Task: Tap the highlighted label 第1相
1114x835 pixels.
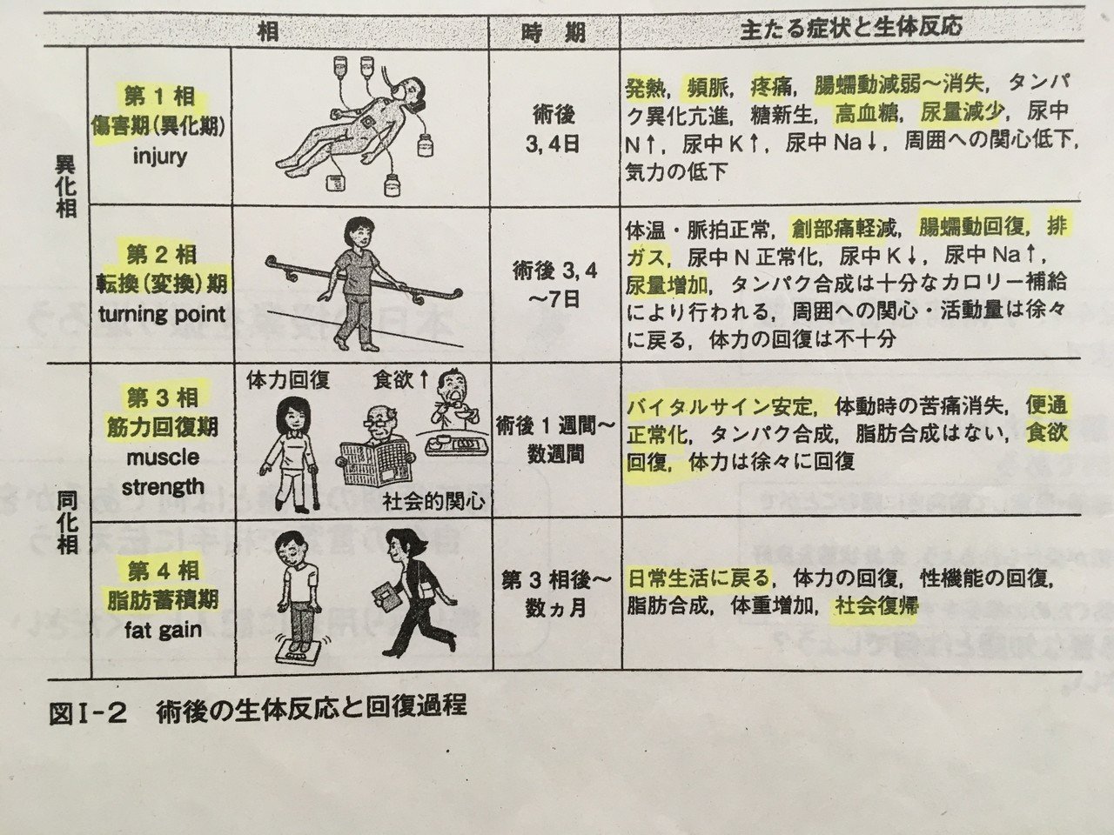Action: [162, 96]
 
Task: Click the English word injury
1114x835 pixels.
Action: [162, 156]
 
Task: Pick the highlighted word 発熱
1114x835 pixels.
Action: [646, 87]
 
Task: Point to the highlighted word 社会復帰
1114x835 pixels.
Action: [876, 606]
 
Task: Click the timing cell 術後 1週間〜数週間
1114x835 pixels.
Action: [554, 439]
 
